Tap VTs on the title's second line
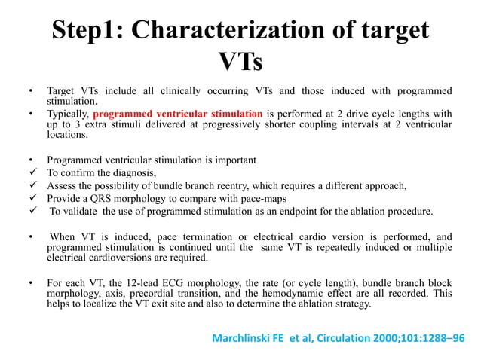(x=240, y=62)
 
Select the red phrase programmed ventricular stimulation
(x=179, y=114)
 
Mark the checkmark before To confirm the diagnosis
(x=31, y=172)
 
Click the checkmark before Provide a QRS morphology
(x=31, y=198)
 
